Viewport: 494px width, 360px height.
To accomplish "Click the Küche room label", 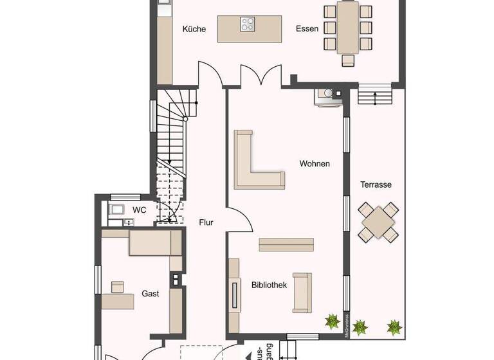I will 194,29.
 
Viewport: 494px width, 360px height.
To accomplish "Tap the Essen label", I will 307,29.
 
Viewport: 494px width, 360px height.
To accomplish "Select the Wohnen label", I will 315,164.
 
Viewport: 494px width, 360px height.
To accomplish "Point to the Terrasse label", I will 376,184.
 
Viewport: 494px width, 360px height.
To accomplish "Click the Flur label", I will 206,223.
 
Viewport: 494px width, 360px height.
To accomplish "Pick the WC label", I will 140,210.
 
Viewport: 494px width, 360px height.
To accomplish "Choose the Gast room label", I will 150,294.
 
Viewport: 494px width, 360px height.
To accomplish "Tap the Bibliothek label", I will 268,285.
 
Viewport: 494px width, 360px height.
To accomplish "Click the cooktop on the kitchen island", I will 248,24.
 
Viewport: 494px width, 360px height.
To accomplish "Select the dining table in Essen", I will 348,28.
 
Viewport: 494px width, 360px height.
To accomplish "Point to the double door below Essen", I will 261,75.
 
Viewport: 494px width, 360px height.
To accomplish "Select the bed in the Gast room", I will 154,244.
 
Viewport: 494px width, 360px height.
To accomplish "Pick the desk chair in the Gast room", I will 118,286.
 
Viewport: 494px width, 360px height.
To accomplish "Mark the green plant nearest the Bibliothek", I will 332,320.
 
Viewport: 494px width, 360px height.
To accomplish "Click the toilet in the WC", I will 118,210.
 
